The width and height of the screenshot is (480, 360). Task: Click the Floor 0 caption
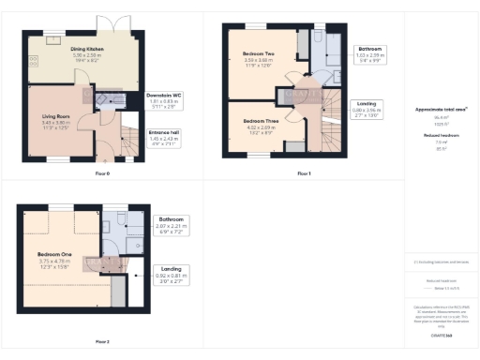102,174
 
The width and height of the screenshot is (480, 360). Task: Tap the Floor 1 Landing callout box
368,111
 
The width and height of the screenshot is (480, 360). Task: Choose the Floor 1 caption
303,174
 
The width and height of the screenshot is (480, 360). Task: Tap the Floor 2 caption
102,341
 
